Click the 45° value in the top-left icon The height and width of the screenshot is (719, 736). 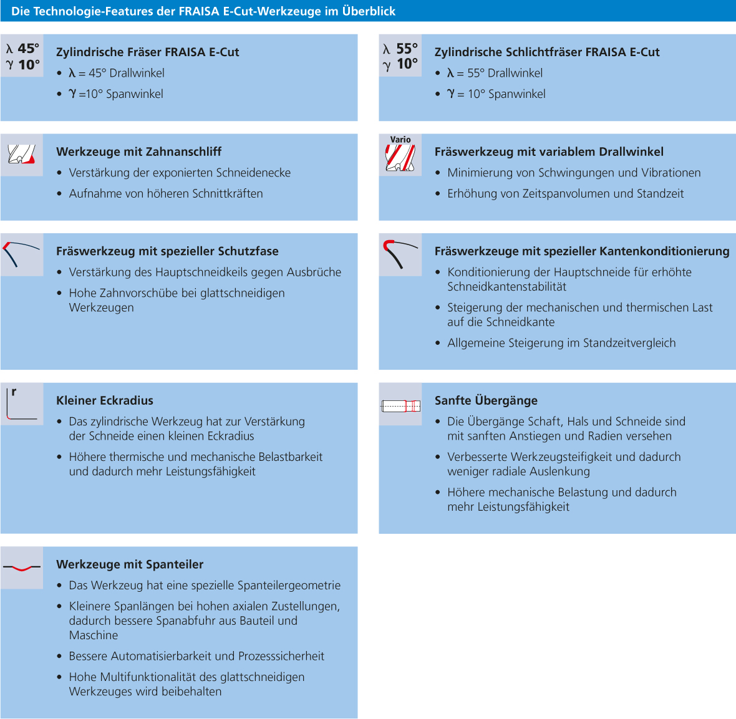[29, 49]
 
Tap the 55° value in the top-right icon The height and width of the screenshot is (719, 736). [407, 49]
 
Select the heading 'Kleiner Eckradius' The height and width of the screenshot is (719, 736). [105, 400]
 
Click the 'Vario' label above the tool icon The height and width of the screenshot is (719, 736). [400, 140]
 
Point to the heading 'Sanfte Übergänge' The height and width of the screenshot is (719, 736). [486, 400]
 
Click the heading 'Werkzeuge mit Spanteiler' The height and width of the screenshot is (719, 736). [130, 564]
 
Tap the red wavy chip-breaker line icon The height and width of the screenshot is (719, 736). [22, 567]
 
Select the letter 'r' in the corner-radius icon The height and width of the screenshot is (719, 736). [14, 392]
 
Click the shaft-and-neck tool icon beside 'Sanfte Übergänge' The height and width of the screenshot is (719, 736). [400, 406]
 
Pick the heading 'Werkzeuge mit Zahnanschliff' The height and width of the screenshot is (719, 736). [138, 152]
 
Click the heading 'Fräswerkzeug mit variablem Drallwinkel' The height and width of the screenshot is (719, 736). [549, 152]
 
